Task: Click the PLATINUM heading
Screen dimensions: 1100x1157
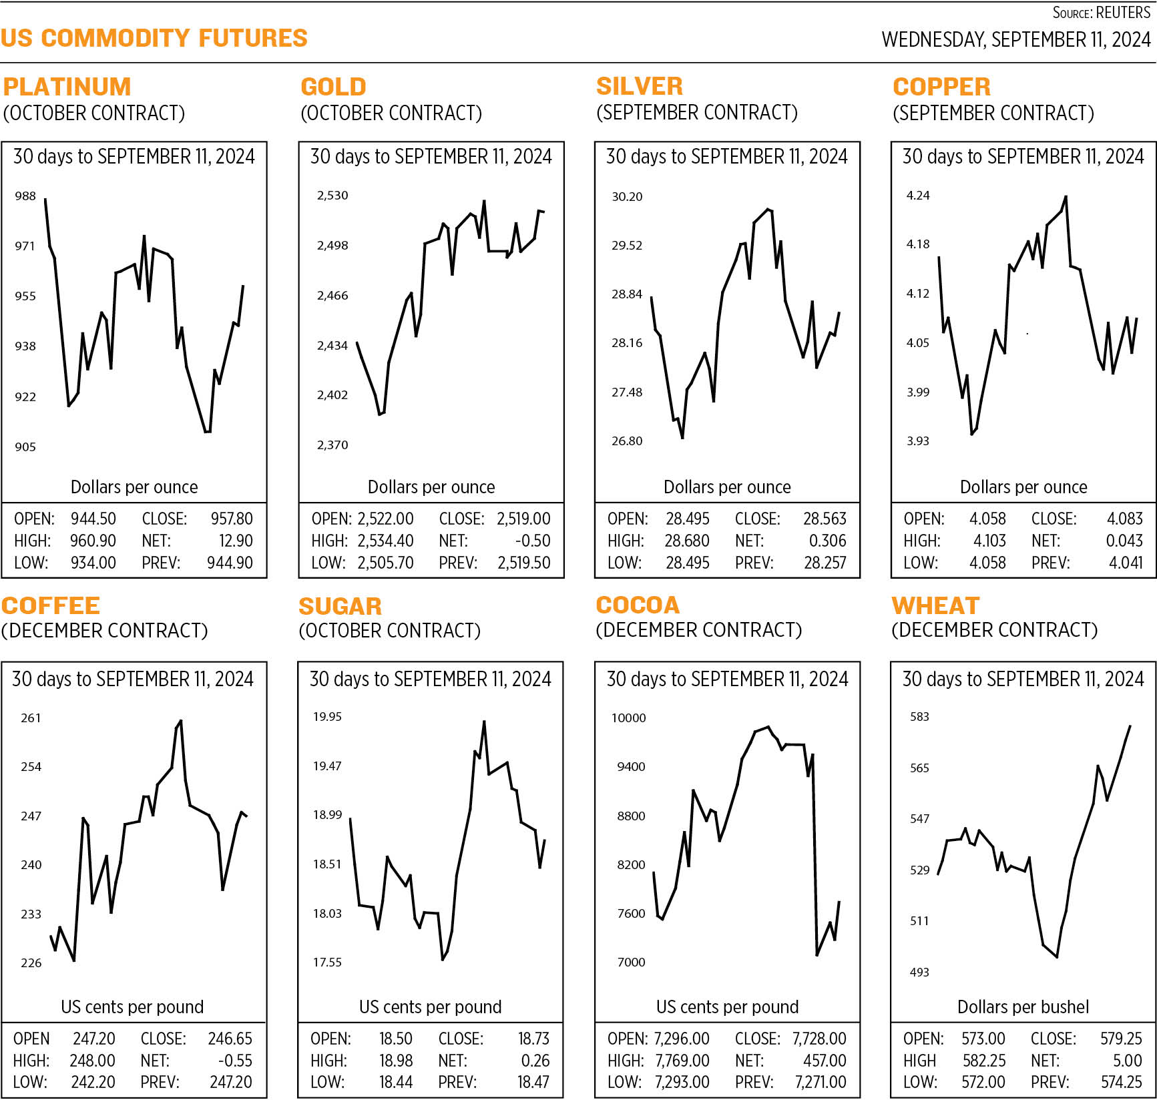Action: pyautogui.click(x=67, y=87)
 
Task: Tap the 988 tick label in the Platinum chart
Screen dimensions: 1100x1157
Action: pyautogui.click(x=25, y=196)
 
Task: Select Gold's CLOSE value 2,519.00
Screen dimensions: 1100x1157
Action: pyautogui.click(x=523, y=519)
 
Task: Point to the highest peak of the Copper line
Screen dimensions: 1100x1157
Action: pyautogui.click(x=1066, y=197)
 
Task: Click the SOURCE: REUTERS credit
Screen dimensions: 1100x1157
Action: pyautogui.click(x=1102, y=13)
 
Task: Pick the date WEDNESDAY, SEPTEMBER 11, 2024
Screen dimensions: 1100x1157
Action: pyautogui.click(x=1015, y=39)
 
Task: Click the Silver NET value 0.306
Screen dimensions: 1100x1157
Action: pyautogui.click(x=827, y=541)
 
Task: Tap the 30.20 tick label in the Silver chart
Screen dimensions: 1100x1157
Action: pyautogui.click(x=627, y=196)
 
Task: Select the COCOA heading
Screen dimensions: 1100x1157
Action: pyautogui.click(x=638, y=605)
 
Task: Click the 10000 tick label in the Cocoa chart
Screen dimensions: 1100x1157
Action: pyautogui.click(x=628, y=718)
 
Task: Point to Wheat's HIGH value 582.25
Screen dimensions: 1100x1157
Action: pyautogui.click(x=984, y=1061)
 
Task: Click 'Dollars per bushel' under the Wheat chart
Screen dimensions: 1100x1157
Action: pyautogui.click(x=1023, y=1007)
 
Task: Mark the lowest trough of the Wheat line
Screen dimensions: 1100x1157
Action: pyautogui.click(x=1057, y=956)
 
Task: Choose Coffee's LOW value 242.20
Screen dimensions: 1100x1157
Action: pyautogui.click(x=93, y=1082)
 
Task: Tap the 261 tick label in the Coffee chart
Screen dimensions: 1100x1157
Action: pyautogui.click(x=31, y=718)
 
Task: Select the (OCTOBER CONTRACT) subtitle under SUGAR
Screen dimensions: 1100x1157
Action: pyautogui.click(x=389, y=631)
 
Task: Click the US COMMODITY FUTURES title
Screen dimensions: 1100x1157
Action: pyautogui.click(x=154, y=38)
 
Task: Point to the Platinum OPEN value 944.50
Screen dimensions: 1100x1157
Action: pyautogui.click(x=93, y=519)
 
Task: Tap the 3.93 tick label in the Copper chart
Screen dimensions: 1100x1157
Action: pyautogui.click(x=917, y=441)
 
